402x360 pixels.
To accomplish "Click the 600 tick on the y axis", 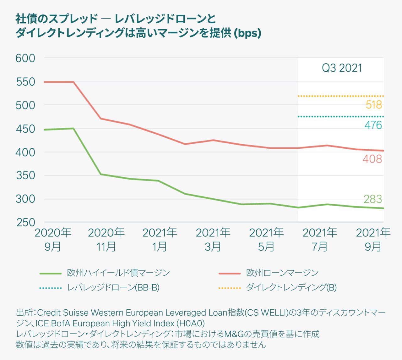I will coord(25,58).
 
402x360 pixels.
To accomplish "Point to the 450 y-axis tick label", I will coord(25,129).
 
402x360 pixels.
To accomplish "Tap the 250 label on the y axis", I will coord(25,222).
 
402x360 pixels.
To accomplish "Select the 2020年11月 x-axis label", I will coord(106,240).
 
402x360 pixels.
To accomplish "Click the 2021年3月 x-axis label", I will coord(213,240).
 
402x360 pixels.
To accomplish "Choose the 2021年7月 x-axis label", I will coord(320,240).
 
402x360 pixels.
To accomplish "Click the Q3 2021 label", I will coord(342,68).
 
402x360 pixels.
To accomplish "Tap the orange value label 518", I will coord(374,105).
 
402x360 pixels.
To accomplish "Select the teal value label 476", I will coord(373,125).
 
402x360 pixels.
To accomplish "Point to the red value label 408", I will coord(372,159).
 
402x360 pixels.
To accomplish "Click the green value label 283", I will coord(373,199).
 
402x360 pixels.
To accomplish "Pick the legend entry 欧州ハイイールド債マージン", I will coord(118,273).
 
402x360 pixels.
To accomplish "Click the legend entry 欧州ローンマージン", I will coord(282,273).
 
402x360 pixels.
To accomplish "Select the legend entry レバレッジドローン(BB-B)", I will coord(113,287).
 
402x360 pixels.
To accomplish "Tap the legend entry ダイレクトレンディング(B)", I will coord(291,287).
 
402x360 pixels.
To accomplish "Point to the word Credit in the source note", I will coord(49,313).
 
